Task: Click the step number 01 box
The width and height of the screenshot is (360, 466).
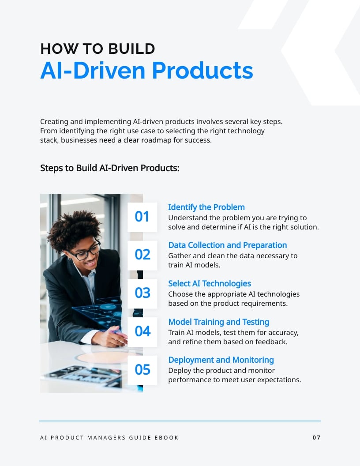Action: pos(142,217)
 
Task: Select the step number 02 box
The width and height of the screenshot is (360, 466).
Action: pos(142,255)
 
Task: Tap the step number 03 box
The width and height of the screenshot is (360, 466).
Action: pos(142,293)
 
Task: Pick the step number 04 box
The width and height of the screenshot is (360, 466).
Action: pos(142,331)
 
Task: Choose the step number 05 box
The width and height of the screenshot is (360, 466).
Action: pos(142,370)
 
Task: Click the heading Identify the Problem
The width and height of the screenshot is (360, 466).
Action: pos(206,207)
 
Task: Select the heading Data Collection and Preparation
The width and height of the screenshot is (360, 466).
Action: pos(228,245)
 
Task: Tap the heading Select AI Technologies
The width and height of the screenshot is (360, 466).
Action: pos(210,283)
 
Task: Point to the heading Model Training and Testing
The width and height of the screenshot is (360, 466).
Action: pos(219,322)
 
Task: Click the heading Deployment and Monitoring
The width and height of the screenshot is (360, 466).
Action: pos(221,360)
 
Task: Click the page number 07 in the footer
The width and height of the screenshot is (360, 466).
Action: pos(316,438)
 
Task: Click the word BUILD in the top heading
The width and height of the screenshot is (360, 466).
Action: pos(132,49)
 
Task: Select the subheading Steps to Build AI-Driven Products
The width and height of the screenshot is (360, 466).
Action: pos(110,168)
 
